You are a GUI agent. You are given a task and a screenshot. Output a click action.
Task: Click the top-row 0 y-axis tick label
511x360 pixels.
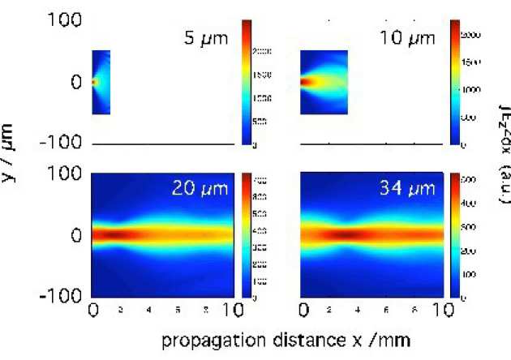(75, 82)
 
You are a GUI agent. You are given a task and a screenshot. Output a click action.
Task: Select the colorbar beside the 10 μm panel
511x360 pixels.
(455, 82)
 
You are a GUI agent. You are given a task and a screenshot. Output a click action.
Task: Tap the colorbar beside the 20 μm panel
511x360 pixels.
(247, 235)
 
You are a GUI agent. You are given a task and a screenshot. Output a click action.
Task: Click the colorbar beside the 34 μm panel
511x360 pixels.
(455, 235)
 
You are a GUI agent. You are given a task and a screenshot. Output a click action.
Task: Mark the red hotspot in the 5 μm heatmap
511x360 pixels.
(94, 82)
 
